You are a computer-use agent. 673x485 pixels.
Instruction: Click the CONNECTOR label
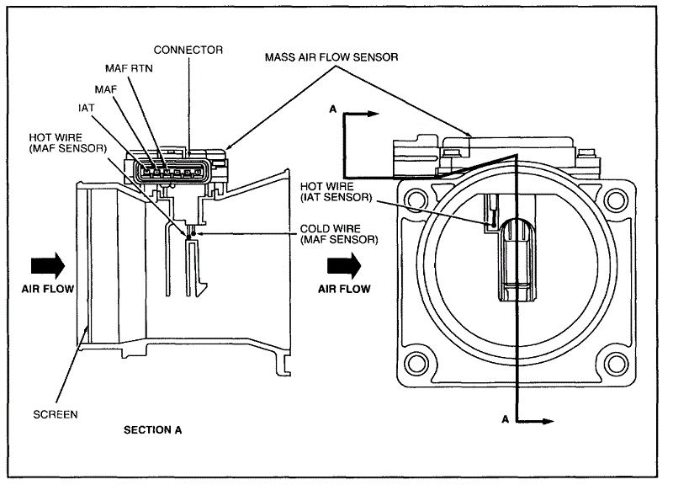(x=188, y=51)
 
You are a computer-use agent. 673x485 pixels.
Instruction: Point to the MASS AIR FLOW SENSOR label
(x=331, y=57)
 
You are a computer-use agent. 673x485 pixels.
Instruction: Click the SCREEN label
(x=56, y=414)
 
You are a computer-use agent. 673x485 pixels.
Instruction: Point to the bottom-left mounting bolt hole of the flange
(x=413, y=364)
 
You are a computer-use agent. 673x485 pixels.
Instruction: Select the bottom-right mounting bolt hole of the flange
(x=616, y=364)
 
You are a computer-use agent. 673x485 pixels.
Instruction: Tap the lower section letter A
(x=504, y=418)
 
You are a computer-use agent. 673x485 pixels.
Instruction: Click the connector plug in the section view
(x=175, y=172)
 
